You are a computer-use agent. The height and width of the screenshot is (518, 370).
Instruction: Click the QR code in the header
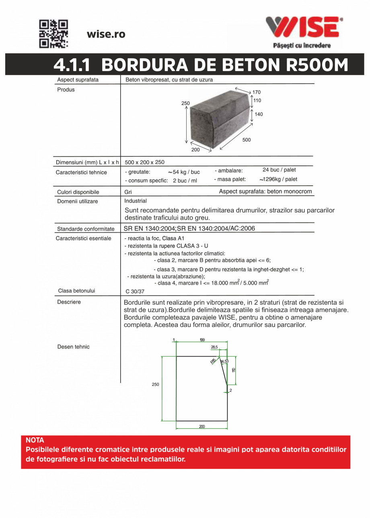pos(53,34)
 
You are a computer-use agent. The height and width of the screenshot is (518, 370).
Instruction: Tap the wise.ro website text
pos(106,35)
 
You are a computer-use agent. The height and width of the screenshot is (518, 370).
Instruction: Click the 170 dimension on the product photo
pos(256,92)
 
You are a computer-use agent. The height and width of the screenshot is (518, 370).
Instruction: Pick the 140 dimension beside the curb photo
pos(259,114)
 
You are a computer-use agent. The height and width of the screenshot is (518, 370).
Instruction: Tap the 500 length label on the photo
pos(246,140)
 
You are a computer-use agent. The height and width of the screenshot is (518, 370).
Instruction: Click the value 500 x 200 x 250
pos(145,163)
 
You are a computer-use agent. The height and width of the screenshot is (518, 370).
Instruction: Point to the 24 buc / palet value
pos(279,170)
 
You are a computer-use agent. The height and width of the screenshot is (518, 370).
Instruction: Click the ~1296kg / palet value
pos(278,179)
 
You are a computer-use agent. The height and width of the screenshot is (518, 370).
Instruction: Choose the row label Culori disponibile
pos(78,192)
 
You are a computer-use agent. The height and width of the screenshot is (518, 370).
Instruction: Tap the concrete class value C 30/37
pos(135,292)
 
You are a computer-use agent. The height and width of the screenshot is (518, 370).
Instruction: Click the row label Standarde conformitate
pos(86,229)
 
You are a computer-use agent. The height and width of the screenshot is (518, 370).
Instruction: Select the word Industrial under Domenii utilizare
pos(136,201)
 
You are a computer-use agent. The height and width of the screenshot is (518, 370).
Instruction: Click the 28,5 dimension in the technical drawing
pos(214,347)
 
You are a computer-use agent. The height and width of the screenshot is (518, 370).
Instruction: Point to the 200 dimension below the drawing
pos(202,426)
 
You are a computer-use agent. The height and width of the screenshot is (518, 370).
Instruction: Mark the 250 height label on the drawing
pos(155,385)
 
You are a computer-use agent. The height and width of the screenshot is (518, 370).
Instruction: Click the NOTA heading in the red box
pos(35,441)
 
